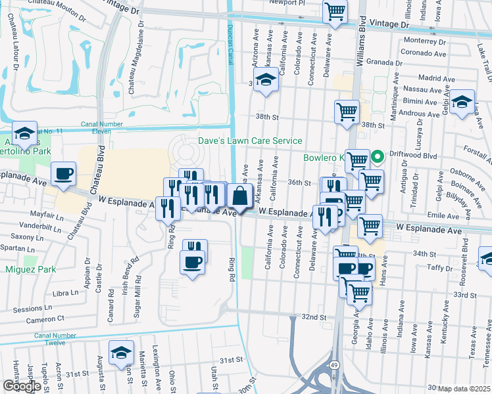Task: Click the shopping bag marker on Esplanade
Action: [241, 195]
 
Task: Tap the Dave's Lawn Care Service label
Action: [251, 141]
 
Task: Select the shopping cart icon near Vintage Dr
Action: [335, 11]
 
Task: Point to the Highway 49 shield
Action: [335, 363]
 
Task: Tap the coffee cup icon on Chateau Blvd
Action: [64, 174]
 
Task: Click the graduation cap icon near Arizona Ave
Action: [265, 79]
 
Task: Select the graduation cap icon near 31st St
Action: [121, 352]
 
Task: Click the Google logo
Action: [22, 386]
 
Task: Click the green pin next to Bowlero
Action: [378, 158]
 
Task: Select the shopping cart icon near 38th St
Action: [346, 110]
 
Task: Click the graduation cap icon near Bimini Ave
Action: [462, 101]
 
